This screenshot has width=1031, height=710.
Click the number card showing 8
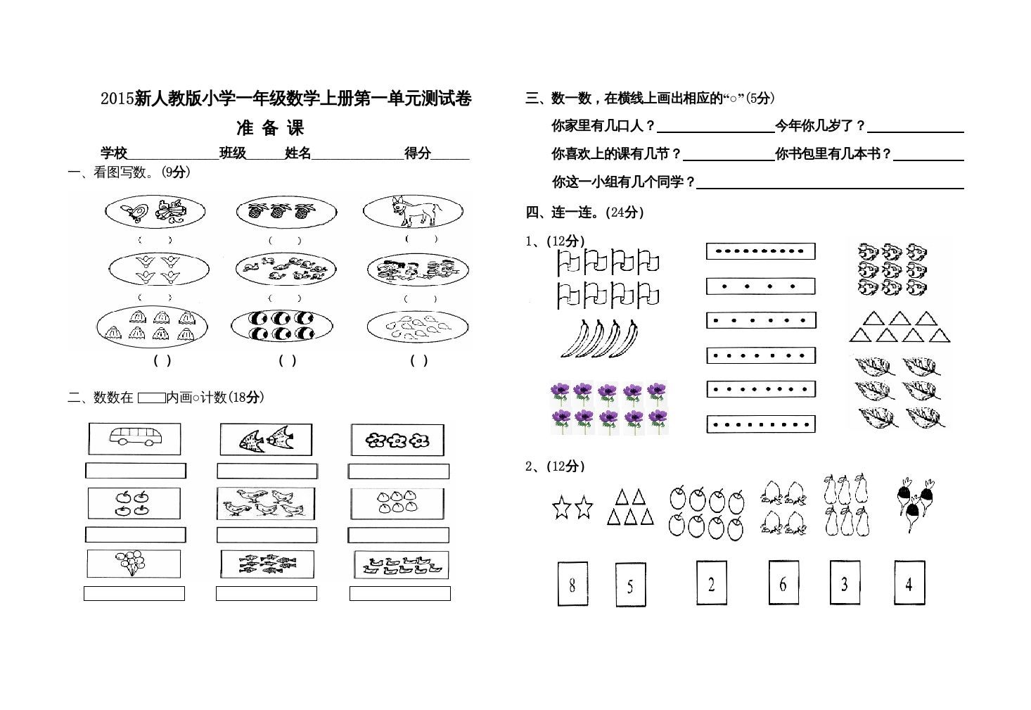pyautogui.click(x=572, y=584)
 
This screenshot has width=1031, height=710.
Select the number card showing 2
pyautogui.click(x=711, y=583)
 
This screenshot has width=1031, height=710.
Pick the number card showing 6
pyautogui.click(x=783, y=583)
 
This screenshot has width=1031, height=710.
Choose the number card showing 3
pyautogui.click(x=845, y=583)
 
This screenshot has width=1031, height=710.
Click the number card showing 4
pyautogui.click(x=909, y=583)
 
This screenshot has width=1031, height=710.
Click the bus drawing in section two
pyautogui.click(x=134, y=438)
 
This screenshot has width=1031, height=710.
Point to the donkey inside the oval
pyautogui.click(x=413, y=210)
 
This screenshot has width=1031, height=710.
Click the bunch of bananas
pyautogui.click(x=600, y=338)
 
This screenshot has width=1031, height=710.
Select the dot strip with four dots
pyautogui.click(x=760, y=286)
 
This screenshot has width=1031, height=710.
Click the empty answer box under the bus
pyautogui.click(x=136, y=471)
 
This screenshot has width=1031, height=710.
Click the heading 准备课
pyautogui.click(x=270, y=128)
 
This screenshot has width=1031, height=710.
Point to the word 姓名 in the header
pyautogui.click(x=297, y=153)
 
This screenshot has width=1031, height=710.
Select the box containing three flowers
pyautogui.click(x=397, y=440)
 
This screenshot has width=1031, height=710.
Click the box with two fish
pyautogui.click(x=266, y=440)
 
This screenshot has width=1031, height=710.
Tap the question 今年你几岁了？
pyautogui.click(x=820, y=126)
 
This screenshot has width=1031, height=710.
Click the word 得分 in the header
pyautogui.click(x=417, y=153)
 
